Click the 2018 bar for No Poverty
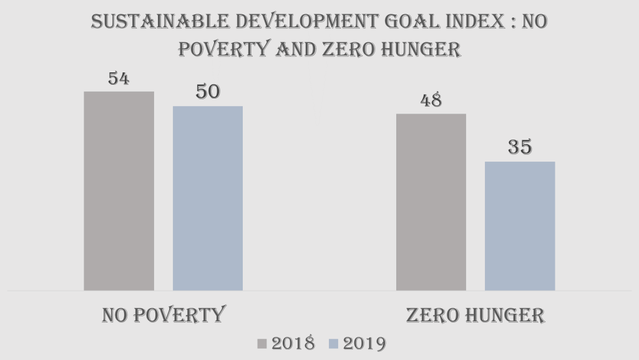tap(119, 191)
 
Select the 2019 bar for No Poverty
tap(208, 198)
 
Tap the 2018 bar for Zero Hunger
tap(431, 202)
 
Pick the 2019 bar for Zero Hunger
tap(520, 226)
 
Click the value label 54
tap(119, 79)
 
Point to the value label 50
tap(208, 92)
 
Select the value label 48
tap(431, 100)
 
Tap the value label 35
tap(520, 147)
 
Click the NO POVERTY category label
tap(163, 315)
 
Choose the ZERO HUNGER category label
tap(476, 315)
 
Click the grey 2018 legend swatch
tap(262, 344)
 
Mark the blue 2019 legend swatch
tap(333, 344)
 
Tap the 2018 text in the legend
tap(293, 344)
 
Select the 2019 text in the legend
tap(364, 344)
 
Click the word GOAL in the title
tap(413, 22)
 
